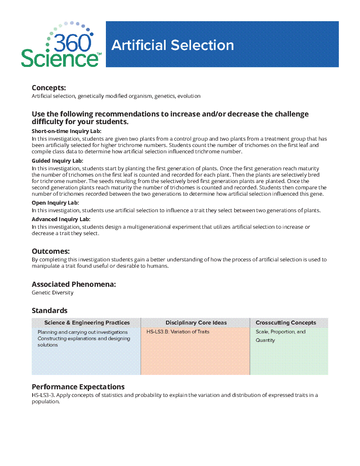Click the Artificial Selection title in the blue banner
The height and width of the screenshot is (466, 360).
(172, 45)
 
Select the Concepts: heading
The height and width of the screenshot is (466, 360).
(49, 88)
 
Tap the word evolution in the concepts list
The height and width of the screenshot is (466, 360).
(189, 96)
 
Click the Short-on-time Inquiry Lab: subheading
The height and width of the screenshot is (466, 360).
(66, 131)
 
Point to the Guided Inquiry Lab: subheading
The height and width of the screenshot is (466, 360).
(57, 161)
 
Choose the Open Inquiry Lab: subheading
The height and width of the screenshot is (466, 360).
(55, 203)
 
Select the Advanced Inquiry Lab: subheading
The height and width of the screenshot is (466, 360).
(61, 219)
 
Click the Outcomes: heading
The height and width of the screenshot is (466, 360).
(50, 251)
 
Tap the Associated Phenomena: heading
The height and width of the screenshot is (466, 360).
(74, 284)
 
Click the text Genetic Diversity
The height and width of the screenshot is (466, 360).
(53, 293)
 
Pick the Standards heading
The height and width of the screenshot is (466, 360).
(49, 311)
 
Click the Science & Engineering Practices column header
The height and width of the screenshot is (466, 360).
(87, 323)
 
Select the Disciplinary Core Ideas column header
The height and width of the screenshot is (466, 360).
(196, 323)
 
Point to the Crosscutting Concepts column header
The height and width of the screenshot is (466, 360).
(285, 323)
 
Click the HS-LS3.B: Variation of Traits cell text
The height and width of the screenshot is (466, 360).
(178, 332)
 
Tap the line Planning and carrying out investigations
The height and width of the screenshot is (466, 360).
(83, 332)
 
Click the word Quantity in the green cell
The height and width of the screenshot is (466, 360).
(265, 340)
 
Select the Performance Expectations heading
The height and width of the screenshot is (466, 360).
(78, 387)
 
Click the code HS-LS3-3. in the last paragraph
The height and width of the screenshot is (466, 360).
(43, 395)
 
